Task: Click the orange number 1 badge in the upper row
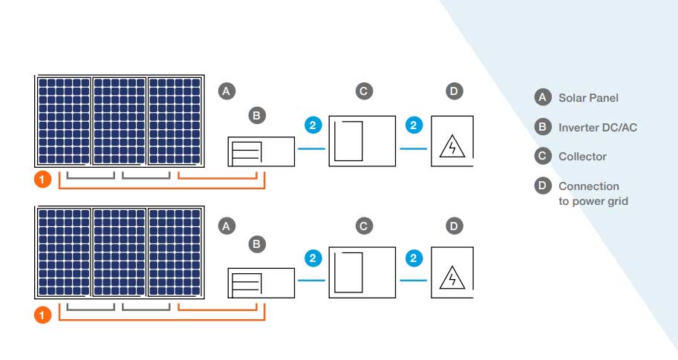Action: click(43, 180)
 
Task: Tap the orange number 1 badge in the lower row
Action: click(43, 315)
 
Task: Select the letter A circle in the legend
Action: click(543, 97)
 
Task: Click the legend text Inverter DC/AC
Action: click(597, 127)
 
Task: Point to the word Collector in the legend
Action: click(582, 157)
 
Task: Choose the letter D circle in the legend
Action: click(543, 186)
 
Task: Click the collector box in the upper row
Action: click(361, 141)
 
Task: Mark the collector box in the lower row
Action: click(361, 274)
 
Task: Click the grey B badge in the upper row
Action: click(255, 116)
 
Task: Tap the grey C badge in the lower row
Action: click(362, 226)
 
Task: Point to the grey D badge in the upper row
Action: click(454, 91)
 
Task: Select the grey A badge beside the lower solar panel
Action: click(227, 226)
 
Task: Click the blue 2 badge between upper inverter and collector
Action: click(313, 125)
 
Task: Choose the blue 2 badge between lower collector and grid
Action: click(414, 259)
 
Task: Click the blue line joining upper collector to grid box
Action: click(414, 148)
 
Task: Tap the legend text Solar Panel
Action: click(588, 97)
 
